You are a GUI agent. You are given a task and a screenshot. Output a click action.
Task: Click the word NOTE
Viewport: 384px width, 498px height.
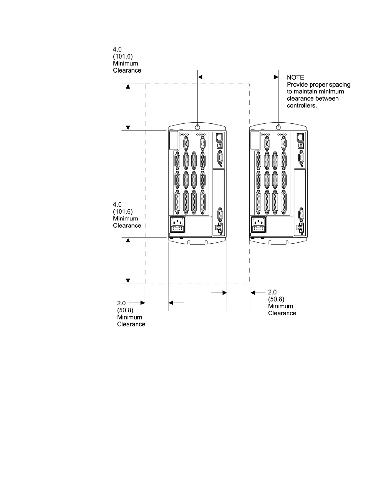click(x=295, y=77)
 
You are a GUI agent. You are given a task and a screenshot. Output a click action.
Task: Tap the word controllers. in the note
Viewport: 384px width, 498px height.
click(x=302, y=106)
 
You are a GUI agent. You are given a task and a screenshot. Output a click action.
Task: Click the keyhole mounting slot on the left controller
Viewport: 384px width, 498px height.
click(x=197, y=127)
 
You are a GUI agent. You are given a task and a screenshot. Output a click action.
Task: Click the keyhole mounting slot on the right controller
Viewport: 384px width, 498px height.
click(x=279, y=127)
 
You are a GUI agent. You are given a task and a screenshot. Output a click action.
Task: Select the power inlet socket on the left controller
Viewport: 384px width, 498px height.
click(x=177, y=224)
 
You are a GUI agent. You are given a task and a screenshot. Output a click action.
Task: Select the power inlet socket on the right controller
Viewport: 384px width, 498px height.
click(x=258, y=224)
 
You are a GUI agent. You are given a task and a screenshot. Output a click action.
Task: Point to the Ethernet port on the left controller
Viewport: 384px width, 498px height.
click(x=219, y=137)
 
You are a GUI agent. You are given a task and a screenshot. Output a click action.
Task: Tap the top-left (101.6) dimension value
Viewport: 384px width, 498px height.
click(x=123, y=57)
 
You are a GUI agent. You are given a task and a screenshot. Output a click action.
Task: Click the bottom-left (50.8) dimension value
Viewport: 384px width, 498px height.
click(x=125, y=310)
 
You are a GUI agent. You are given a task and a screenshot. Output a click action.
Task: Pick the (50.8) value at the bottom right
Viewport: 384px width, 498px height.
click(x=276, y=299)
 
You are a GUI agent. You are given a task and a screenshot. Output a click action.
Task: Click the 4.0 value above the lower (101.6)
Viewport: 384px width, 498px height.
click(x=117, y=205)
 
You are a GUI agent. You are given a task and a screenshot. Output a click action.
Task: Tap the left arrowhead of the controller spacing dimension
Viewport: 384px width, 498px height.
click(x=200, y=77)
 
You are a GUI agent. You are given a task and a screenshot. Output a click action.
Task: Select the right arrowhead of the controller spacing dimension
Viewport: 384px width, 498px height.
click(x=276, y=77)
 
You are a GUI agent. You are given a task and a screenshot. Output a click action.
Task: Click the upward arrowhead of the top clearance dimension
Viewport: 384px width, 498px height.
click(x=128, y=86)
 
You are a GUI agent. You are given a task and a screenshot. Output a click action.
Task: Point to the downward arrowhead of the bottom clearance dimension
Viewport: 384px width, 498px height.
click(x=128, y=281)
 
